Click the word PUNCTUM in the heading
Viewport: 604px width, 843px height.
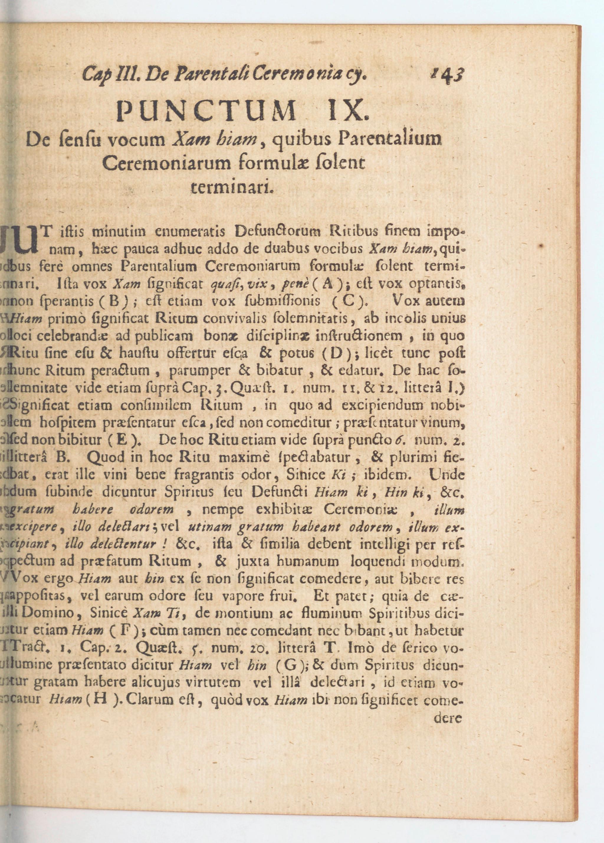coord(206,111)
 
